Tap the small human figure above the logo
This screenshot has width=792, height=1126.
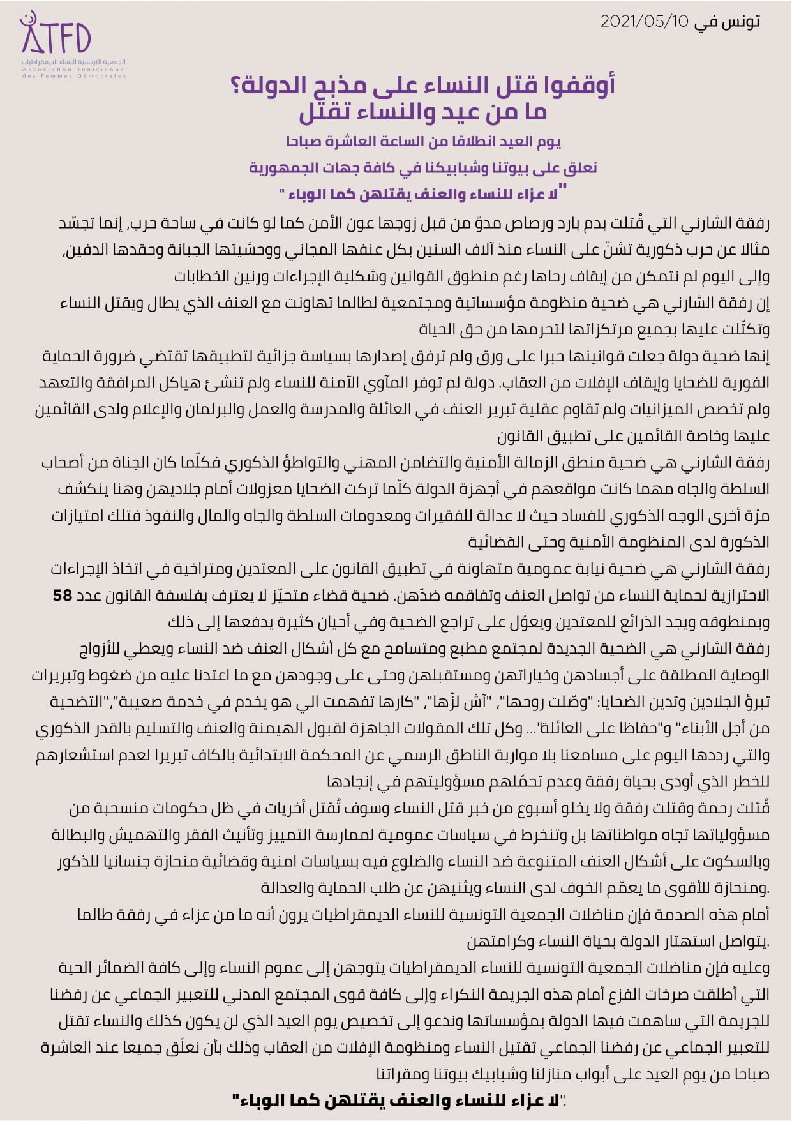tap(27, 19)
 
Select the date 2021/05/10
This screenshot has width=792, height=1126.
tap(645, 22)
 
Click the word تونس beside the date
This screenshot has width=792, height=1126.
tap(740, 22)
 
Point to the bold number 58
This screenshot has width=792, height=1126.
tap(63, 596)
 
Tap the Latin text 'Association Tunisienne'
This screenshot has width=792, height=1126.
tap(73, 70)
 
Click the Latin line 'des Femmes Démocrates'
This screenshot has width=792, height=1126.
tap(73, 76)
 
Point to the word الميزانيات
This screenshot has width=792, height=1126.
tap(638, 409)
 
